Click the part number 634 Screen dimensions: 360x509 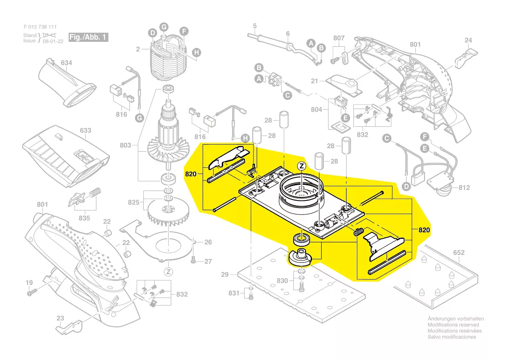click(x=66, y=63)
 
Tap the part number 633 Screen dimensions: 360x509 click(x=85, y=131)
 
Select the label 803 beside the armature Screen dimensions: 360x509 click(x=126, y=145)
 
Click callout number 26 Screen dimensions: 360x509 click(x=208, y=242)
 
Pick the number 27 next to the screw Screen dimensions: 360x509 click(x=208, y=262)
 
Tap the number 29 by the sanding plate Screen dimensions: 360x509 click(x=225, y=275)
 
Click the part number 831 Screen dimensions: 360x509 click(x=234, y=293)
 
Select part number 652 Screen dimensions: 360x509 click(x=459, y=253)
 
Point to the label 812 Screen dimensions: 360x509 click(x=464, y=188)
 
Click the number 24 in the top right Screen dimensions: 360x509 click(x=468, y=41)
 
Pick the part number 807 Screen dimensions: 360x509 click(x=339, y=38)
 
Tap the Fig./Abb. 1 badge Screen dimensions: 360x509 click(x=88, y=37)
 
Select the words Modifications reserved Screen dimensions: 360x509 click(x=453, y=325)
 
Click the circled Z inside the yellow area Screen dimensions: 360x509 click(x=301, y=166)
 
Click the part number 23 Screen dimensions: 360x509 click(x=61, y=318)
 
